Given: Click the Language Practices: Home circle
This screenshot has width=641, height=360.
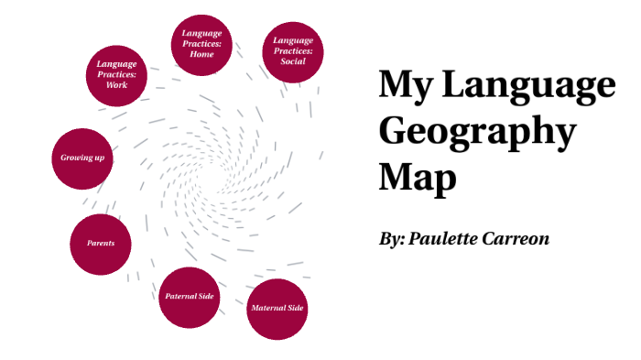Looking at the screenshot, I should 201,44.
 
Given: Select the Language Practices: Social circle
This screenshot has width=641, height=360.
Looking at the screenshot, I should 293,51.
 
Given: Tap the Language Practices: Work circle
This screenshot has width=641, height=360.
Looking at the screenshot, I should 116,73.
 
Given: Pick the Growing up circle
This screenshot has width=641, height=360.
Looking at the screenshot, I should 81,158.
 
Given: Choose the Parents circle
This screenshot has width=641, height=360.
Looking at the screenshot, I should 101,244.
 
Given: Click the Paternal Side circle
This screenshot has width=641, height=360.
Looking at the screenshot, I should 190,298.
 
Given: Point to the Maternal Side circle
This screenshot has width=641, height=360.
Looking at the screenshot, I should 277,309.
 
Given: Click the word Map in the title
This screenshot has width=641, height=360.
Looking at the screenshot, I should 417,176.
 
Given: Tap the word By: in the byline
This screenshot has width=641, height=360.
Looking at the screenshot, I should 392,238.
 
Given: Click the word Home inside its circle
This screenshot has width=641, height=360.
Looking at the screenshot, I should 201,54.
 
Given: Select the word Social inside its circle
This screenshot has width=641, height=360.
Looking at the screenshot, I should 293,62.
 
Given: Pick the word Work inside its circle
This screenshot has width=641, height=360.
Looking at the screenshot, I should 116,84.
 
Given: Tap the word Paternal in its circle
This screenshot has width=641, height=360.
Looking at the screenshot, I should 179,298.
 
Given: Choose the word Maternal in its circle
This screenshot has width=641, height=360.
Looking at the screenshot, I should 266,309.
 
